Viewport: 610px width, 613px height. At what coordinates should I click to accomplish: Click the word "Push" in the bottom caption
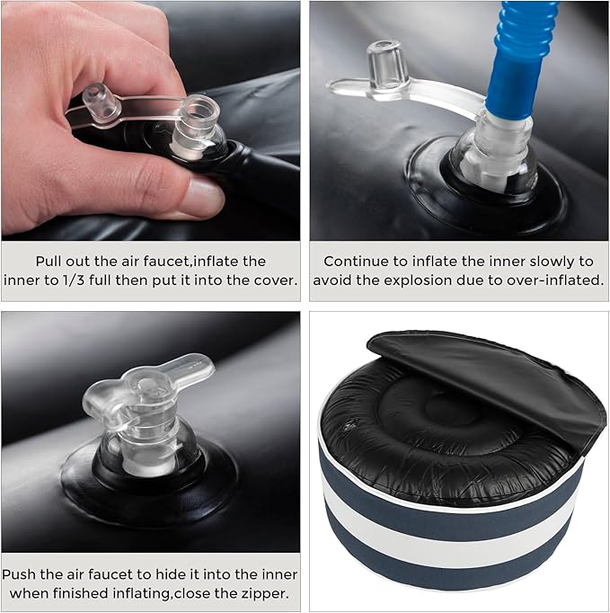pyautogui.click(x=19, y=574)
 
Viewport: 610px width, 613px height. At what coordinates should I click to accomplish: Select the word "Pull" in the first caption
pyautogui.click(x=49, y=262)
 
